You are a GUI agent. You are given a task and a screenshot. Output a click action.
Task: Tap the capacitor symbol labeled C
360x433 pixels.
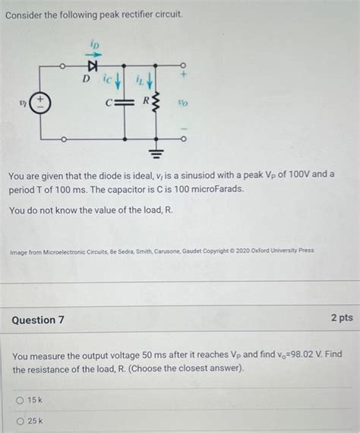click(125, 103)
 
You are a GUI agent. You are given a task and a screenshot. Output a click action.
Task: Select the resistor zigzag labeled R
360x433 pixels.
click(156, 103)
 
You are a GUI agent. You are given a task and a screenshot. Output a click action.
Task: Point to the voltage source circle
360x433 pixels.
click(40, 103)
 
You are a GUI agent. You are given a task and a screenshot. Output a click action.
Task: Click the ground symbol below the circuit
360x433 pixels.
click(156, 153)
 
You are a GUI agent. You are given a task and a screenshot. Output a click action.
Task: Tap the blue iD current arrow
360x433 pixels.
click(95, 55)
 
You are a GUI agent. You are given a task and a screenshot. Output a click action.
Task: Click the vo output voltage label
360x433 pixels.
click(183, 103)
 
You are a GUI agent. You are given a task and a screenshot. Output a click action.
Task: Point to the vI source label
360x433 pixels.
click(23, 103)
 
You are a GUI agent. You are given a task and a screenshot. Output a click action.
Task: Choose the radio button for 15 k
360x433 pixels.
click(20, 400)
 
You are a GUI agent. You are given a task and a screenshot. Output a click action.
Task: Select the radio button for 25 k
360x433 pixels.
click(21, 422)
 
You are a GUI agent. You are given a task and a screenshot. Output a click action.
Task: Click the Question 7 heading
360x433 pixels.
click(38, 320)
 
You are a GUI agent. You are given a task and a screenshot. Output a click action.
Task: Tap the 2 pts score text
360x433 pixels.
click(342, 318)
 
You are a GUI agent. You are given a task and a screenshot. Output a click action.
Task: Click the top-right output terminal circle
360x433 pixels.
click(183, 65)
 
